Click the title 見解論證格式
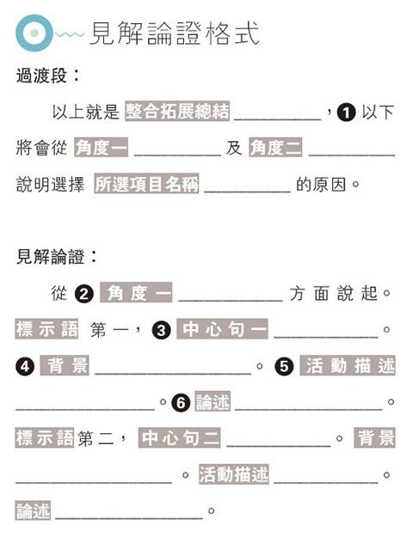coord(175,34)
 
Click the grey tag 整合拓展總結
coord(177,111)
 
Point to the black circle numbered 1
coord(346,113)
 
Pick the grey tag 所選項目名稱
coord(146,184)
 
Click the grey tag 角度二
coord(276,148)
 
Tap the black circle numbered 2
coord(84,294)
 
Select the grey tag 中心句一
coord(222,329)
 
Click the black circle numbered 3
coord(162,330)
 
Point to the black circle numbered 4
coord(25,366)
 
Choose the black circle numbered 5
coord(284,366)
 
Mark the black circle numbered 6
coord(181,402)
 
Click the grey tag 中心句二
coord(180,437)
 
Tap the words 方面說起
coord(333,294)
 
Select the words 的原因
coord(321,185)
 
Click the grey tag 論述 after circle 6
coord(213,401)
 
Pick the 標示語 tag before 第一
coord(46,329)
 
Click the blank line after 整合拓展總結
coord(278,119)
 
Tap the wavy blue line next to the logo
coord(70,34)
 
